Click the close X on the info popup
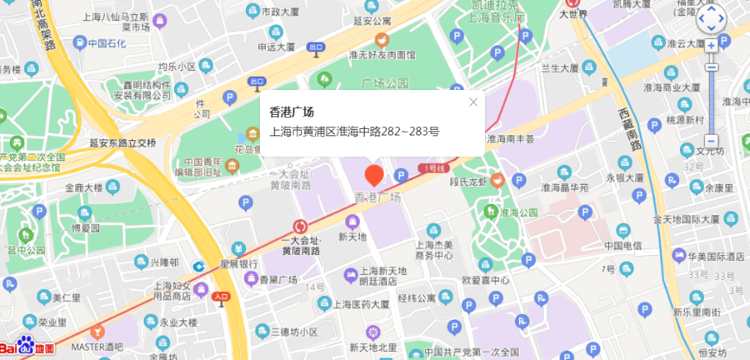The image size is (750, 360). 473,102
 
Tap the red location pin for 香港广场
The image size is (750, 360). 375,175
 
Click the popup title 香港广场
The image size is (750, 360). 292,111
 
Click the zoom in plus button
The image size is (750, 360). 711,45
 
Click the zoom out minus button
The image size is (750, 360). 711,141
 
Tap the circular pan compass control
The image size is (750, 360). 712,17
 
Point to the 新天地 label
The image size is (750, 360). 352,237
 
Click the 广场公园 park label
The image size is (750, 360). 386,83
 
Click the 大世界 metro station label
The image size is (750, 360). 572,14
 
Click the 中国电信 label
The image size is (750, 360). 621,246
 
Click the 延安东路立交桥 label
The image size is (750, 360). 123,142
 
